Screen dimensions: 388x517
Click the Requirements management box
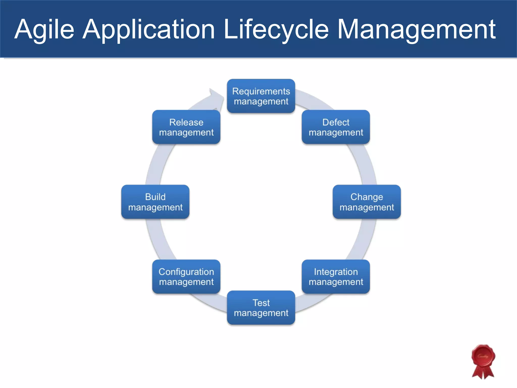point(261,96)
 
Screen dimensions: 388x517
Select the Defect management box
point(336,127)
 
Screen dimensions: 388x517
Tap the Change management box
point(367,202)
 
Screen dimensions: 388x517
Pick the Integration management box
point(336,277)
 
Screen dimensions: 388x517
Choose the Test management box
point(261,308)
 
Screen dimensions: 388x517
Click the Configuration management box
point(186,277)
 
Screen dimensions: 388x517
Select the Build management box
point(155,202)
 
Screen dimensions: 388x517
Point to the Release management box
point(186,127)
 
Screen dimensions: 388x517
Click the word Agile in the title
point(44,30)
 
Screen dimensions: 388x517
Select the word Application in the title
point(149,30)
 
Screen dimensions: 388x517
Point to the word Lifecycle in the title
point(276,30)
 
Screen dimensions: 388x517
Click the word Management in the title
point(417,30)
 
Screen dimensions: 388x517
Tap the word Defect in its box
point(336,122)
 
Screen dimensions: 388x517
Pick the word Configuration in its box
point(186,272)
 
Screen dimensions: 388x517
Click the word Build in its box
point(155,197)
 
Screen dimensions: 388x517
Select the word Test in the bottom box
point(261,303)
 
